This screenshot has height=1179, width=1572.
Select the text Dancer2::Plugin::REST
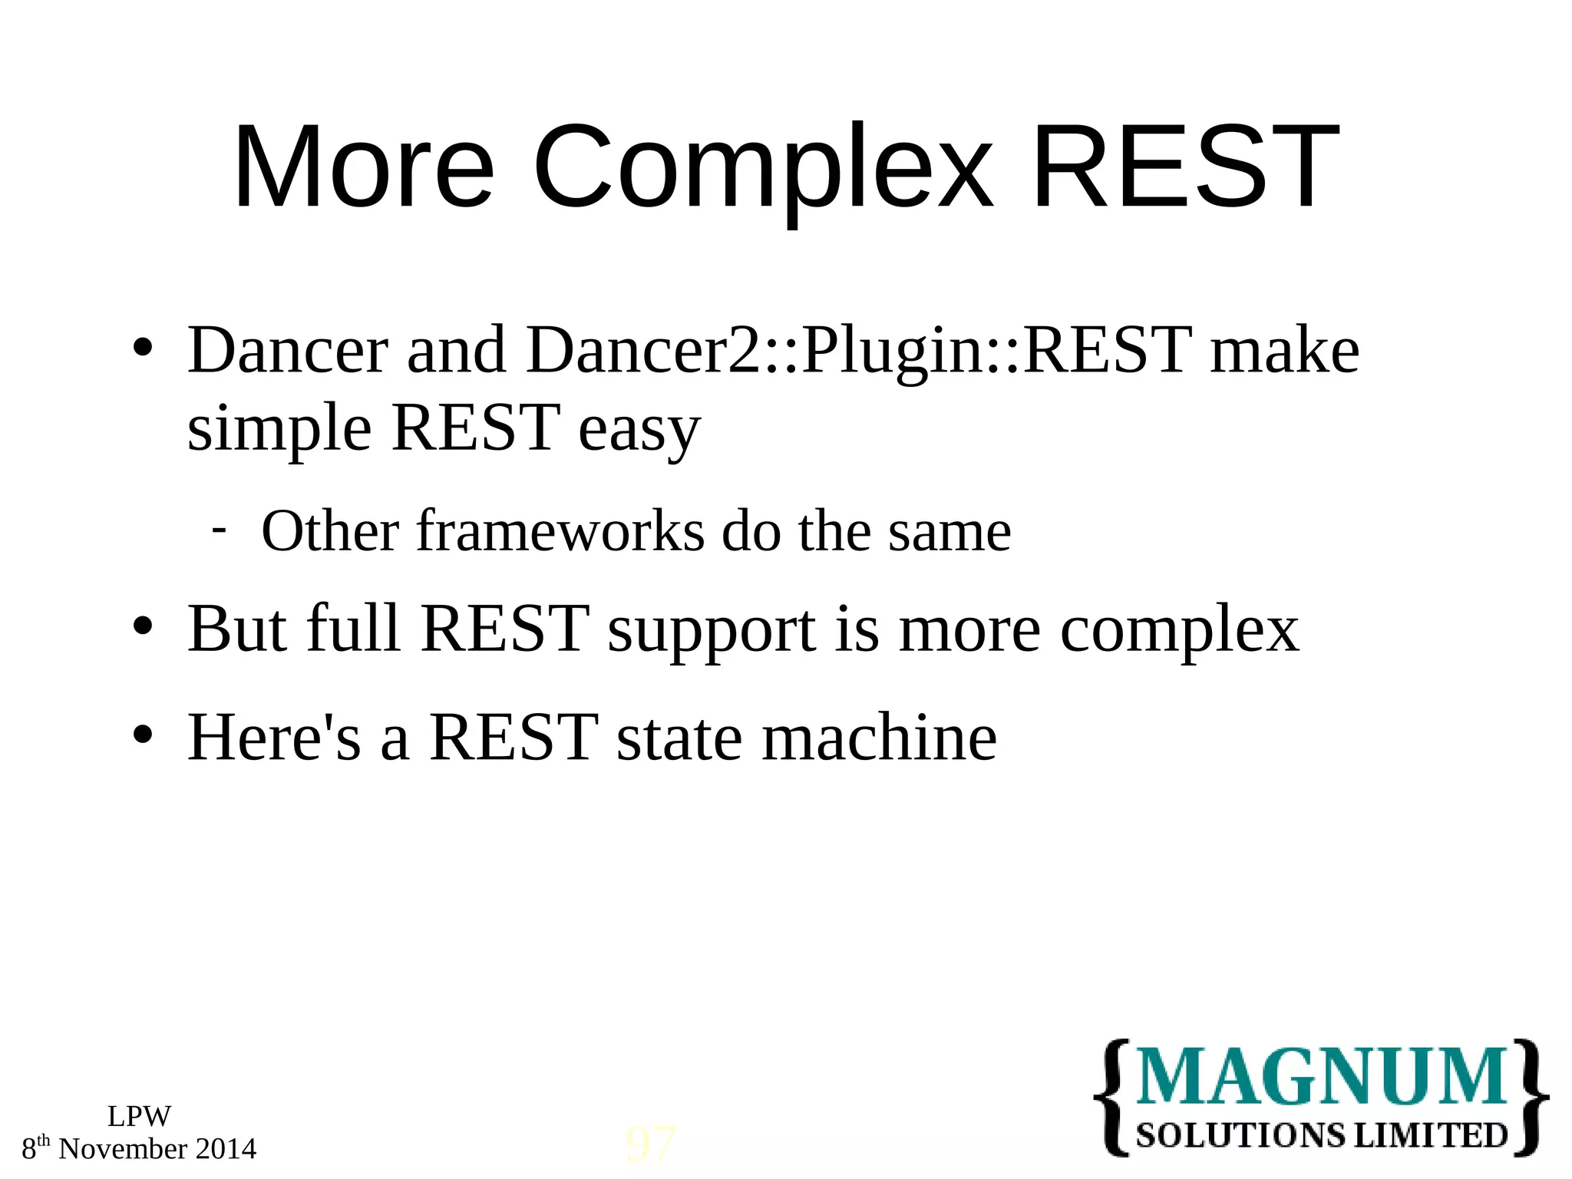coord(859,352)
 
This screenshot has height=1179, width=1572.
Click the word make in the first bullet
coord(1284,352)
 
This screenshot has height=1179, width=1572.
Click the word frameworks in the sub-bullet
coord(560,531)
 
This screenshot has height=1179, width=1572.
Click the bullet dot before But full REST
coord(144,626)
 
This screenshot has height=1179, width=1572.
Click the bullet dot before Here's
coord(144,735)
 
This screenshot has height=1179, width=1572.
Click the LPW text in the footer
coord(139,1117)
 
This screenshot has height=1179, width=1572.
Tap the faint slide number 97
coord(651,1144)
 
